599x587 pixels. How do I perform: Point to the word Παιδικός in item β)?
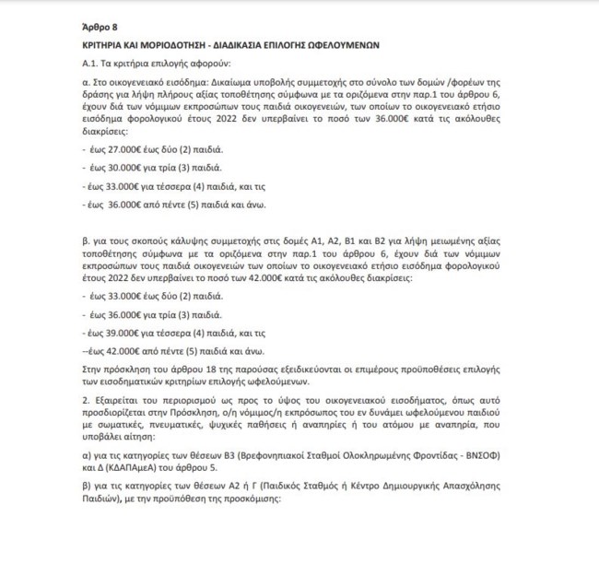coord(276,486)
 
